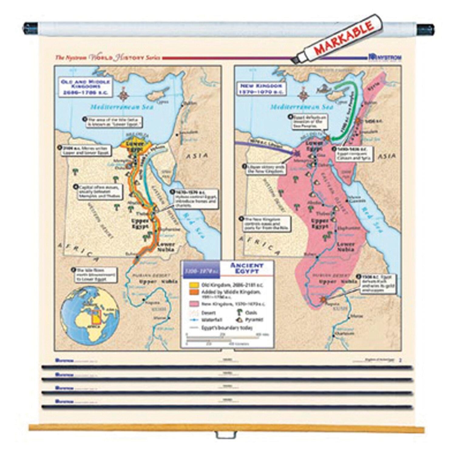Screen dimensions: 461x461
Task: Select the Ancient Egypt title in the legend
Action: [246, 268]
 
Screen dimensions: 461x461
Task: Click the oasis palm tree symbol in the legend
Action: [239, 312]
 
